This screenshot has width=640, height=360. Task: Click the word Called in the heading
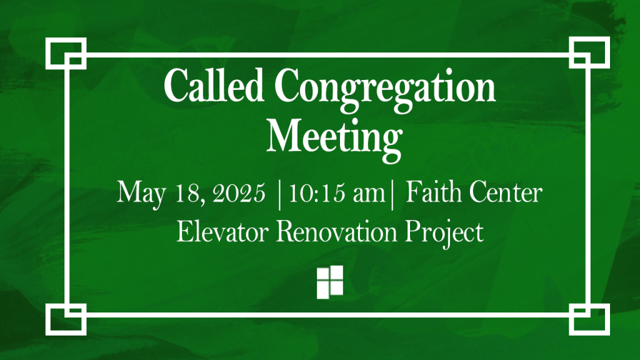pyautogui.click(x=214, y=85)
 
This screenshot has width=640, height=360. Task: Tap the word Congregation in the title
pyautogui.click(x=385, y=90)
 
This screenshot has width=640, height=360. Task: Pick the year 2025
pyautogui.click(x=239, y=193)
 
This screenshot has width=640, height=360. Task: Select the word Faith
pyautogui.click(x=432, y=192)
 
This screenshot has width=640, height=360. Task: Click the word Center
pyautogui.click(x=506, y=192)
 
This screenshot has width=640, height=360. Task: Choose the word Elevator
pyautogui.click(x=222, y=231)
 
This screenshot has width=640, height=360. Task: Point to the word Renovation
pyautogui.click(x=337, y=231)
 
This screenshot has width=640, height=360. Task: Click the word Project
pyautogui.click(x=444, y=234)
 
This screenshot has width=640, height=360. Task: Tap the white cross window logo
pyautogui.click(x=330, y=282)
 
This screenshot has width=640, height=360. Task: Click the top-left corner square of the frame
pyautogui.click(x=66, y=54)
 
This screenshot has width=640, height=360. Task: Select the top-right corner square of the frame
pyautogui.click(x=589, y=52)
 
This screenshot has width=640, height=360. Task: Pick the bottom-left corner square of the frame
pyautogui.click(x=66, y=319)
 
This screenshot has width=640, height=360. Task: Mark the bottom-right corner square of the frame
pyautogui.click(x=589, y=319)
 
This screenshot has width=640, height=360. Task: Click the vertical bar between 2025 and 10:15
pyautogui.click(x=279, y=196)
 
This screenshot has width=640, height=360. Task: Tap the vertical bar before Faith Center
pyautogui.click(x=392, y=196)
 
